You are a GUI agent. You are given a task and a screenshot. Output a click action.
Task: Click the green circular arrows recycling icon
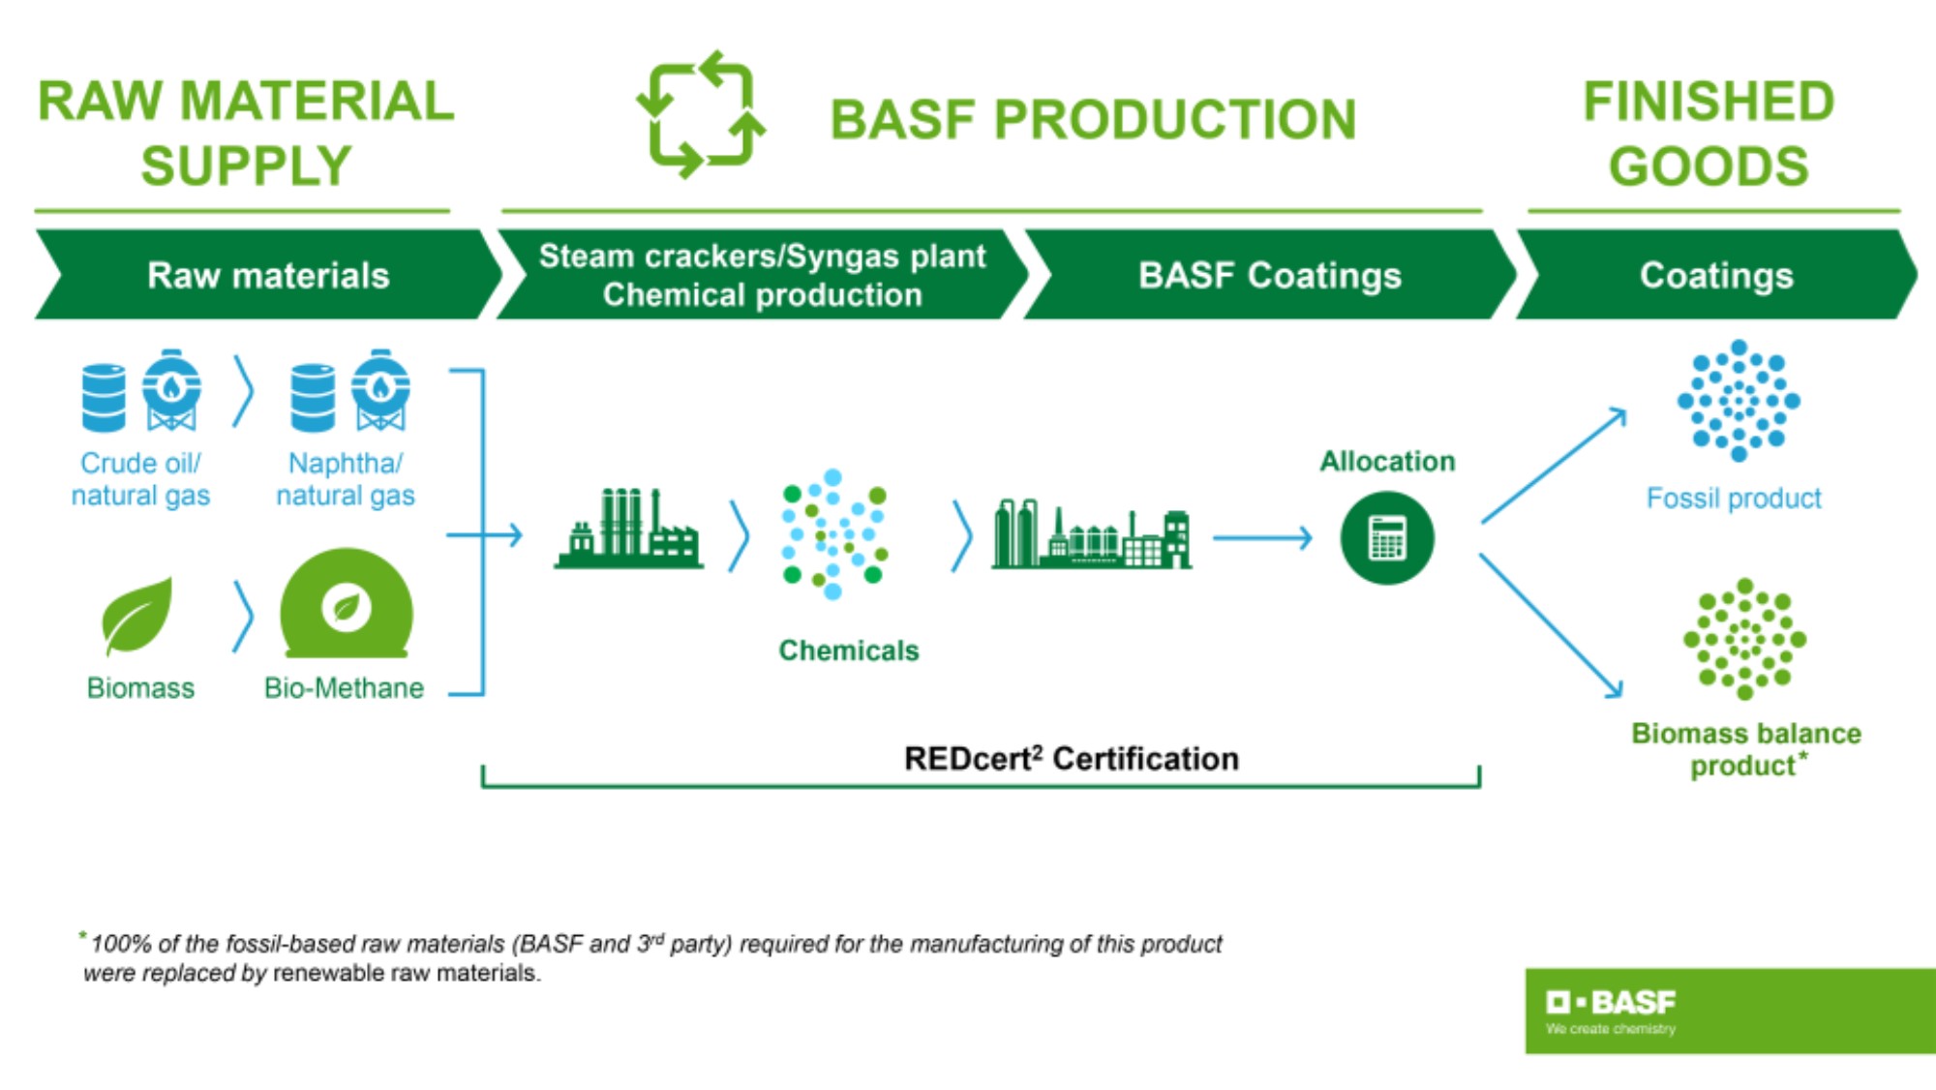701,115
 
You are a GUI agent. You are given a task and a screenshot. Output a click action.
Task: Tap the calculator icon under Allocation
1386,538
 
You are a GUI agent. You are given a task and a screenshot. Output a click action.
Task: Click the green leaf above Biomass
136,616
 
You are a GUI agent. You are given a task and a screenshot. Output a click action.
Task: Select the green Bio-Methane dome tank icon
346,606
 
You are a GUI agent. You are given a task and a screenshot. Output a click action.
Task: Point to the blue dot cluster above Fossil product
1739,400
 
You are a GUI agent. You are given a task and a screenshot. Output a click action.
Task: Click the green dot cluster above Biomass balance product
1744,639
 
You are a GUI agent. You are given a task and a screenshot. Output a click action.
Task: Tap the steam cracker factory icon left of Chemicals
628,530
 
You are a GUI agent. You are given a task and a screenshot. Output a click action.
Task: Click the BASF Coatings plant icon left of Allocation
1091,534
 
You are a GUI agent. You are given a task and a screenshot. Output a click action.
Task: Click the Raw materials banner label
268,276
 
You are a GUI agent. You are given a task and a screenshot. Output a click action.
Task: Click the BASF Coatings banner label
1269,276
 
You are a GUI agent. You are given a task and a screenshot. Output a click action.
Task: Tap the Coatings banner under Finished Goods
1715,276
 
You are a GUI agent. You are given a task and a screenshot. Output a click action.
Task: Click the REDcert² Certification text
1071,759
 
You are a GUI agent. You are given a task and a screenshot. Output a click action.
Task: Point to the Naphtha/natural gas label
346,479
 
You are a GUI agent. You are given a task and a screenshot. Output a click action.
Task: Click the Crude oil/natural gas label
140,479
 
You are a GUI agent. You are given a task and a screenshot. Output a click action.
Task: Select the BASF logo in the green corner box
1611,1003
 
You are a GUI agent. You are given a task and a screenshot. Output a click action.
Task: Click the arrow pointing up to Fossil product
1554,466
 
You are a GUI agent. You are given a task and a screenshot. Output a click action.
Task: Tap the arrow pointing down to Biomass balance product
1551,625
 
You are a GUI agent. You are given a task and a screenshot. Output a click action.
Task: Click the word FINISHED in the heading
1709,102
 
